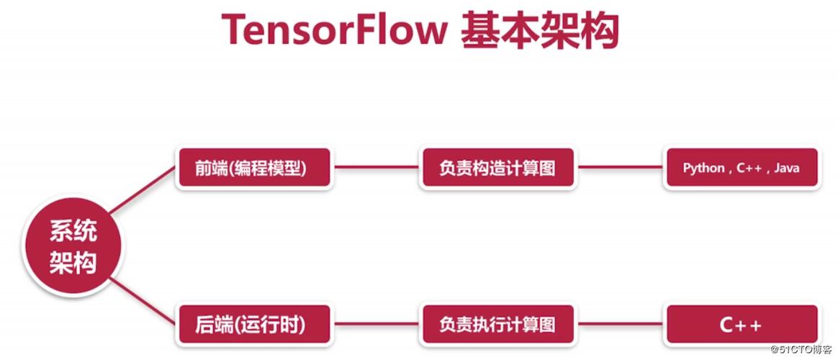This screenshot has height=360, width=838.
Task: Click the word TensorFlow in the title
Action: coord(333,30)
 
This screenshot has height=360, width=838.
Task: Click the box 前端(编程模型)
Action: coord(254,168)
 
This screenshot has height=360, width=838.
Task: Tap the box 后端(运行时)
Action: coord(254,325)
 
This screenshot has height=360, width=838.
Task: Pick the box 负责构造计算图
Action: coord(497,168)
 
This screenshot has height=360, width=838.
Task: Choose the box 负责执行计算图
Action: coord(497,325)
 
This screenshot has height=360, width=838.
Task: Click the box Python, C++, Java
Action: coord(741,168)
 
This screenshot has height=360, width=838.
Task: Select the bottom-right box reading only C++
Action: coord(741,325)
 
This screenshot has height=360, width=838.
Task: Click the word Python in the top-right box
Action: coord(703,168)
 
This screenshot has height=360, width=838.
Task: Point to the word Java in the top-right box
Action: coord(786,168)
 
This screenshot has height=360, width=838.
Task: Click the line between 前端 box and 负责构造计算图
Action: coord(376,168)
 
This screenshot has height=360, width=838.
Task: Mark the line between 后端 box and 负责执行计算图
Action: coord(376,325)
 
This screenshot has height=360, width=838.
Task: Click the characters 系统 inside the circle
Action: coord(73,232)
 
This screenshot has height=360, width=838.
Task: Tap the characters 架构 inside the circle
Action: coord(73,263)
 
